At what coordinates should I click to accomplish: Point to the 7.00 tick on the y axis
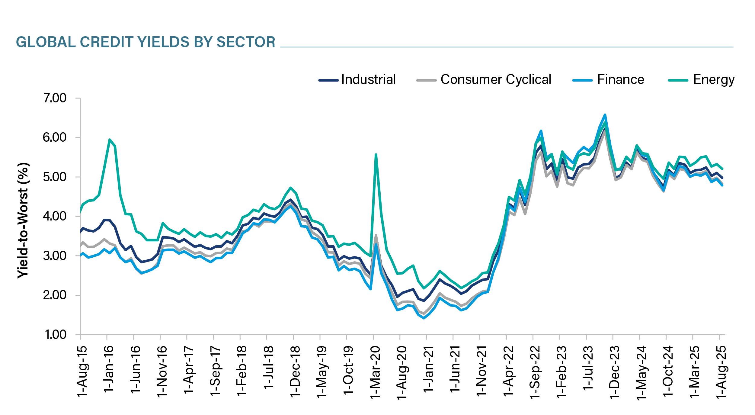pyautogui.click(x=55, y=98)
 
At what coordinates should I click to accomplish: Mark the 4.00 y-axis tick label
pyautogui.click(x=55, y=217)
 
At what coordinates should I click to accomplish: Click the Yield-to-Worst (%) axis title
pyautogui.click(x=23, y=220)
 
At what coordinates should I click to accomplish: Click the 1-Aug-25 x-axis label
pyautogui.click(x=721, y=372)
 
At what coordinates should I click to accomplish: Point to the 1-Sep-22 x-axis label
pyautogui.click(x=535, y=372)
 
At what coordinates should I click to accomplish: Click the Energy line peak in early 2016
pyautogui.click(x=109, y=140)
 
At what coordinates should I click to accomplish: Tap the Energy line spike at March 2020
pyautogui.click(x=376, y=154)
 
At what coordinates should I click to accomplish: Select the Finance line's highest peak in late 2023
pyautogui.click(x=605, y=115)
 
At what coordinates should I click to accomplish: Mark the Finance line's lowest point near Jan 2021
pyautogui.click(x=424, y=318)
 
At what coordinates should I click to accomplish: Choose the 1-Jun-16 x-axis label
pyautogui.click(x=136, y=372)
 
